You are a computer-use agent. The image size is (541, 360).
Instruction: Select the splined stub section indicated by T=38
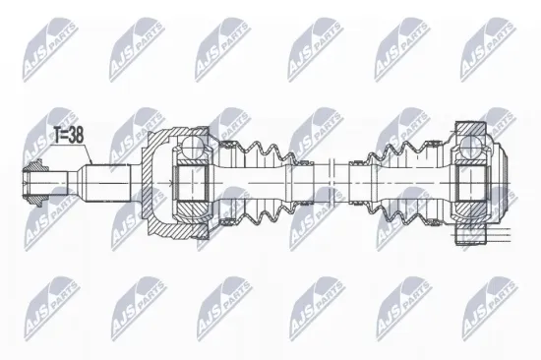(x=108, y=182)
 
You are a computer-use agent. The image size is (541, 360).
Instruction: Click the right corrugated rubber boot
(x=403, y=183)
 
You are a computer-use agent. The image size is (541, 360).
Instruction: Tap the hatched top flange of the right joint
(x=469, y=129)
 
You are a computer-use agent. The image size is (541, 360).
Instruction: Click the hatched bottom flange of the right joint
(x=470, y=235)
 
